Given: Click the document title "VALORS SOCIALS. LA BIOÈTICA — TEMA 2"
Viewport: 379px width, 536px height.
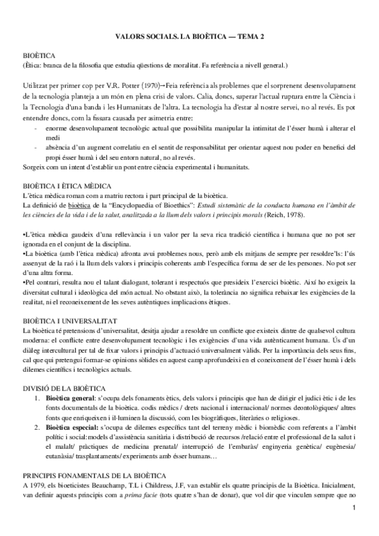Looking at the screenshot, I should [189, 38].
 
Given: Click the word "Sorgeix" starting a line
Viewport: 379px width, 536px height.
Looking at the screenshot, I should [34, 167].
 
